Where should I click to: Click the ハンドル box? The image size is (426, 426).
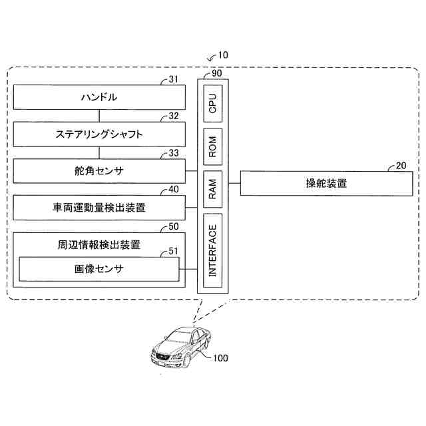point(99,98)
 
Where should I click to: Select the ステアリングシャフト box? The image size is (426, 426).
point(99,135)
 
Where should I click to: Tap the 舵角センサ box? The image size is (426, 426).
point(99,171)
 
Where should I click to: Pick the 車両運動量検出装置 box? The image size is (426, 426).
point(99,208)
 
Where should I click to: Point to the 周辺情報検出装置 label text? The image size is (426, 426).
point(99,245)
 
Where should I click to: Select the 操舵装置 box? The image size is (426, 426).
point(316,183)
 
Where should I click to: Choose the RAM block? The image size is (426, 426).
point(213,186)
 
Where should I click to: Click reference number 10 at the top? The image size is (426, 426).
point(222,55)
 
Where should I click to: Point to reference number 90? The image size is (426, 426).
point(216,73)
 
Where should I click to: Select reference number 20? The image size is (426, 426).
point(401,165)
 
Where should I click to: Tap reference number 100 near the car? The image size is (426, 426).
point(220,358)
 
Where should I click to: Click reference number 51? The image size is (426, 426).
point(174,250)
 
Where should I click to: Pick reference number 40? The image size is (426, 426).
point(174,190)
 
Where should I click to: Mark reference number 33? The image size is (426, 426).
point(174,153)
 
